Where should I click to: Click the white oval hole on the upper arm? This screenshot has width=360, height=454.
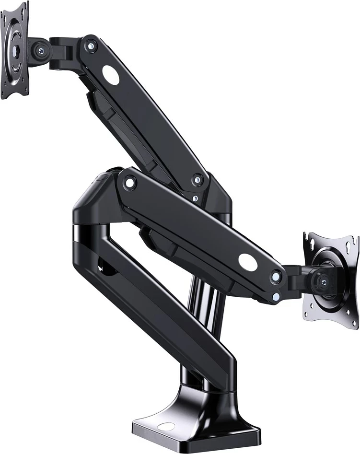(x=111, y=75)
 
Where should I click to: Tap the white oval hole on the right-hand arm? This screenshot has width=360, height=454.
(x=247, y=261)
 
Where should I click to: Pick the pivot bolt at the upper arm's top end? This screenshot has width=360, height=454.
(x=89, y=46)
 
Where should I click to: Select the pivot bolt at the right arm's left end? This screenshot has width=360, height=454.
(x=129, y=182)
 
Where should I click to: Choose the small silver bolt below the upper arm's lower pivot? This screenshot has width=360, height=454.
(x=195, y=198)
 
